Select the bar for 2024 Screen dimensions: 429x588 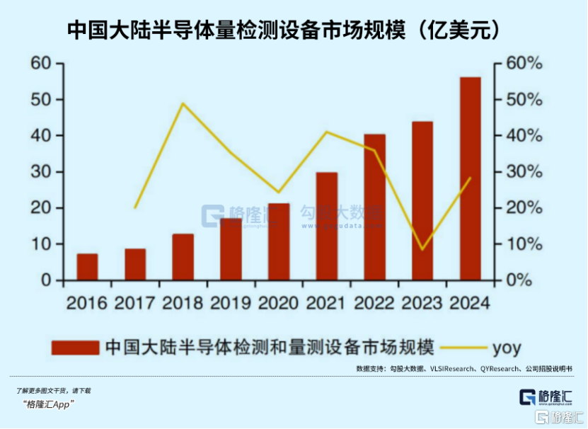[470, 178]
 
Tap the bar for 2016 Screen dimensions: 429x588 [87, 267]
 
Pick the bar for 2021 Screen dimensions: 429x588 [326, 226]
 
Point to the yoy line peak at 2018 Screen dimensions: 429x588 [183, 103]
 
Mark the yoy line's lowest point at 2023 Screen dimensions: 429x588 [422, 249]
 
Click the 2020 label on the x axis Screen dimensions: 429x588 [279, 303]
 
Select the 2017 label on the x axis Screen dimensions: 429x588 [135, 303]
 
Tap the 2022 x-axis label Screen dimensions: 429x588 [374, 303]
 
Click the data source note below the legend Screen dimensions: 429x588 [463, 369]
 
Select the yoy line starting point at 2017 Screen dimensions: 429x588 [135, 208]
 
